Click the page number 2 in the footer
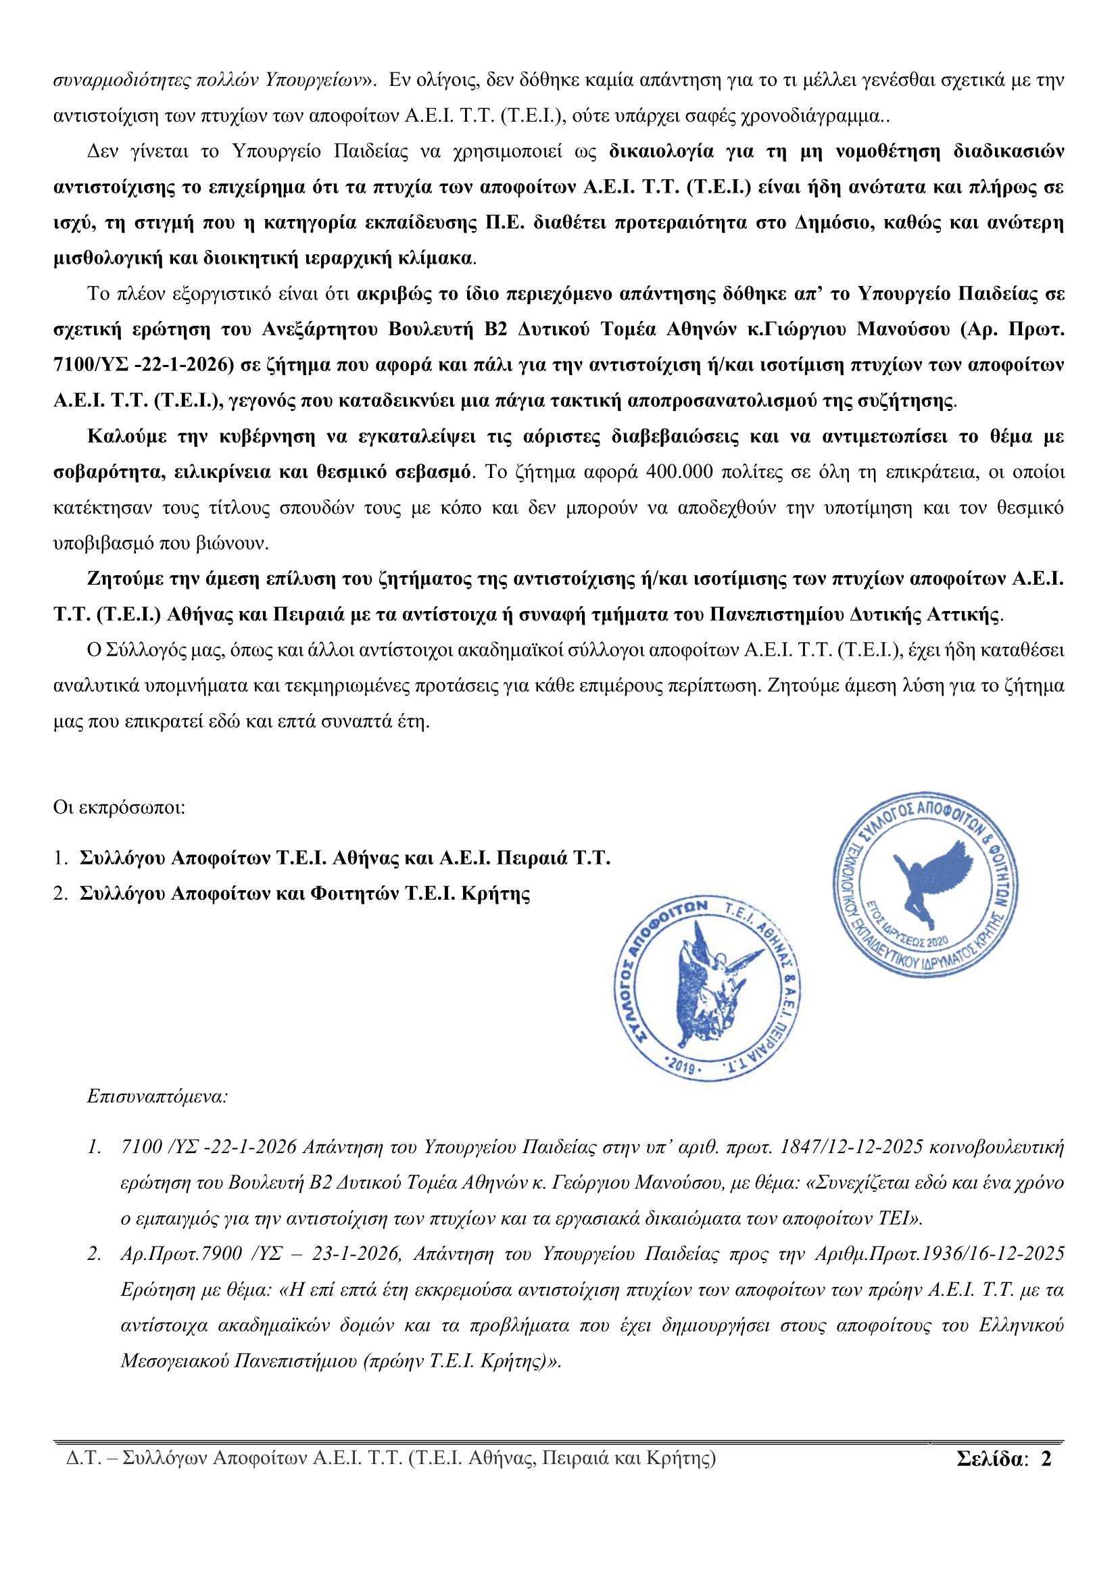click(x=1046, y=1459)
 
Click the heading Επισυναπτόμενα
click(x=157, y=1096)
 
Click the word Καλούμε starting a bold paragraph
click(x=126, y=437)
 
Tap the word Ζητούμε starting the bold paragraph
click(x=126, y=579)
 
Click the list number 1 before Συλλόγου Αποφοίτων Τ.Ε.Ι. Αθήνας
click(x=60, y=858)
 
